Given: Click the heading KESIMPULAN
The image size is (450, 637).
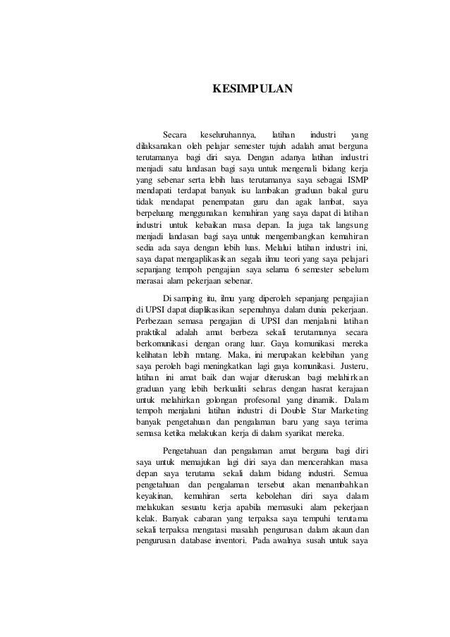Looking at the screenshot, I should click(252, 90).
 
